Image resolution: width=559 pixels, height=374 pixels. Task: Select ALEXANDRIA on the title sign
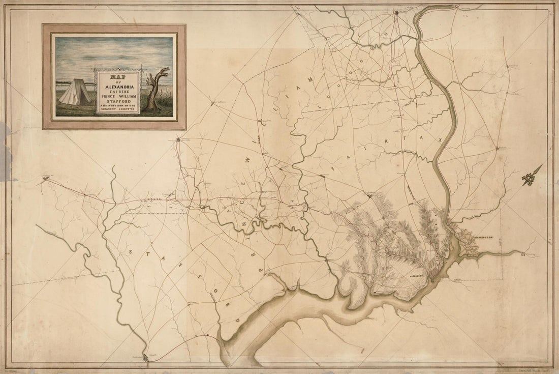pyautogui.click(x=118, y=87)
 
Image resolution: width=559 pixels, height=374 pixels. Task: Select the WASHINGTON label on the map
pyautogui.click(x=486, y=237)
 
